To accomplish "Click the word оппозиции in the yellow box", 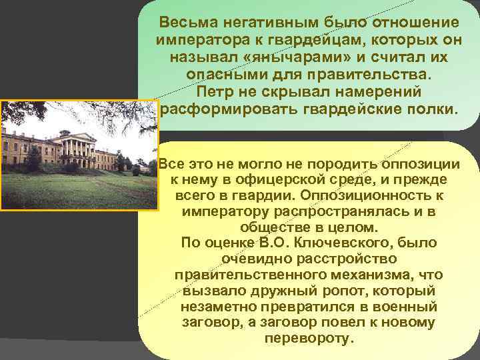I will click(x=422, y=165).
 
